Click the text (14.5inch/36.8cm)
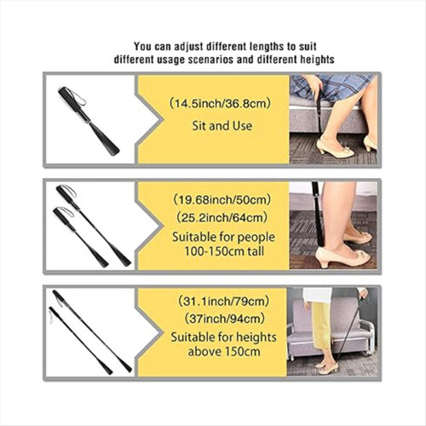click(220, 104)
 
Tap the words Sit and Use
click(222, 126)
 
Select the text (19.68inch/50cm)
click(222, 200)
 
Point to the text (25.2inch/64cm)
click(222, 218)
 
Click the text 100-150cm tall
click(224, 251)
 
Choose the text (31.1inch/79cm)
click(223, 301)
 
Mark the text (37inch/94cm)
click(224, 319)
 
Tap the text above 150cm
click(224, 352)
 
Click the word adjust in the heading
click(190, 47)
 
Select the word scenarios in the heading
click(209, 60)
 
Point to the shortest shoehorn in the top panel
click(89, 122)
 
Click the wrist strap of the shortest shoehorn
click(78, 96)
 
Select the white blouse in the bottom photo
click(318, 296)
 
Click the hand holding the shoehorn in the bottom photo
click(365, 293)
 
